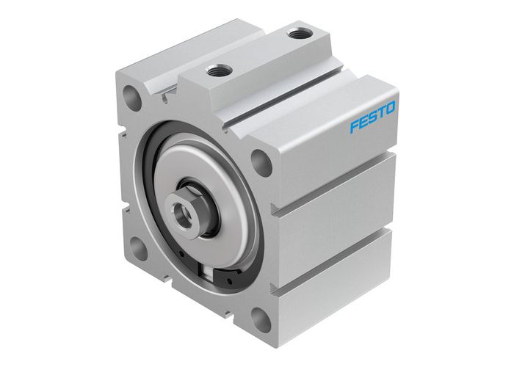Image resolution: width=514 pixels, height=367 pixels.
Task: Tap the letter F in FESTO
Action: [x=353, y=126]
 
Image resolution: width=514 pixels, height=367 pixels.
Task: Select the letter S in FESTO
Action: [x=372, y=117]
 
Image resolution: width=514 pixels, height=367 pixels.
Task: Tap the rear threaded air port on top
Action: [x=297, y=33]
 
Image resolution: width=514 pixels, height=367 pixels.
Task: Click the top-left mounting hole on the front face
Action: [x=132, y=98]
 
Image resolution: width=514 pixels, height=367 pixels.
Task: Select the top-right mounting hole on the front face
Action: [x=261, y=161]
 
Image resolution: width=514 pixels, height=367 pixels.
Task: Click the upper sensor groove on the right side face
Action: [x=334, y=192]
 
